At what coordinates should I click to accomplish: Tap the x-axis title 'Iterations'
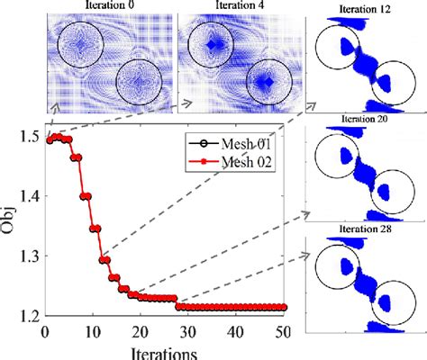(x=164, y=350)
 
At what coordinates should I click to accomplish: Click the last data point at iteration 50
(x=286, y=308)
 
